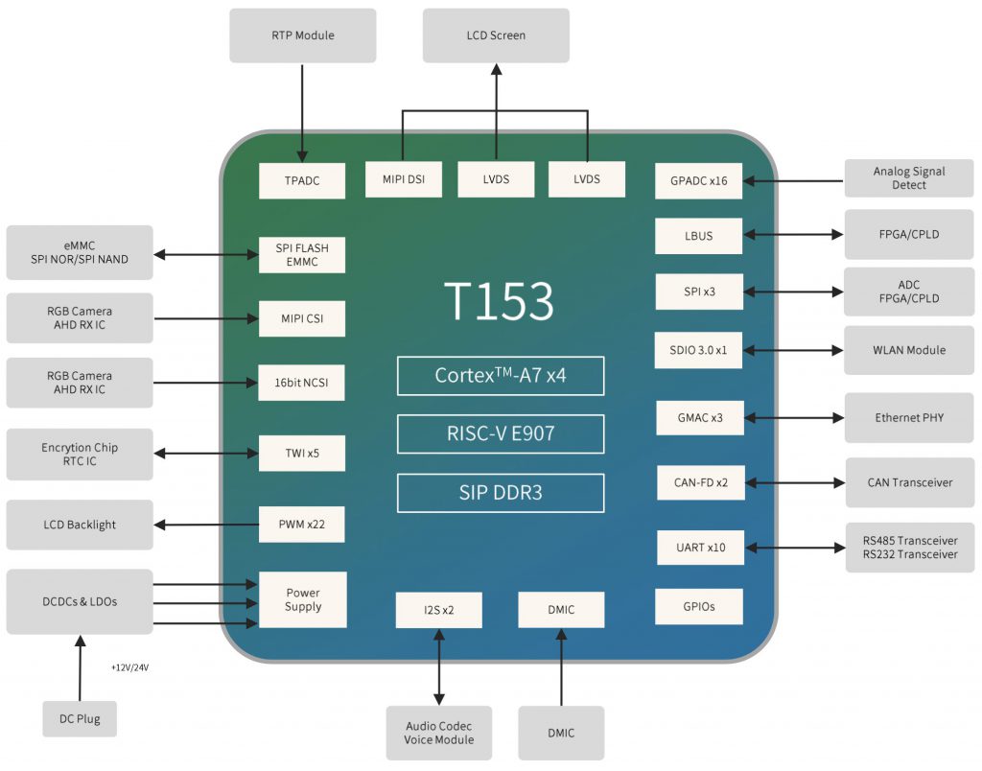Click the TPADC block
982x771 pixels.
pos(302,181)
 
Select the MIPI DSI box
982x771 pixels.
pos(404,179)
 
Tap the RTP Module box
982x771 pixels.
pos(302,35)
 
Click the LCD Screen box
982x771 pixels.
pos(496,35)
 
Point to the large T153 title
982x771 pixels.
pos(499,301)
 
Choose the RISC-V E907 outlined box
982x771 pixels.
pos(501,433)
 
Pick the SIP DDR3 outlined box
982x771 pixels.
pos(501,493)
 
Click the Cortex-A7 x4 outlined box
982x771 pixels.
pos(501,376)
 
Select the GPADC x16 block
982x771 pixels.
pos(698,181)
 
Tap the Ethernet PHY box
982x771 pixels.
pos(909,418)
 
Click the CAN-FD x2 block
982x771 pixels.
pos(701,482)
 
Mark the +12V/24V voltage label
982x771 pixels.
pos(130,667)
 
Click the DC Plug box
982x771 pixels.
pos(80,719)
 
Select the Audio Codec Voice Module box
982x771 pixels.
pos(438,733)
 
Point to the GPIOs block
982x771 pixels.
pos(699,606)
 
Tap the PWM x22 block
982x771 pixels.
pos(302,525)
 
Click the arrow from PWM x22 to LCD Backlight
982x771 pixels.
pos(206,525)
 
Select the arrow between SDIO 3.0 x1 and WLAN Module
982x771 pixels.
pos(793,350)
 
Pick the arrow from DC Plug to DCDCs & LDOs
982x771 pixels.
pos(81,667)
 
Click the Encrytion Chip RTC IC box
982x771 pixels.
pos(80,455)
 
